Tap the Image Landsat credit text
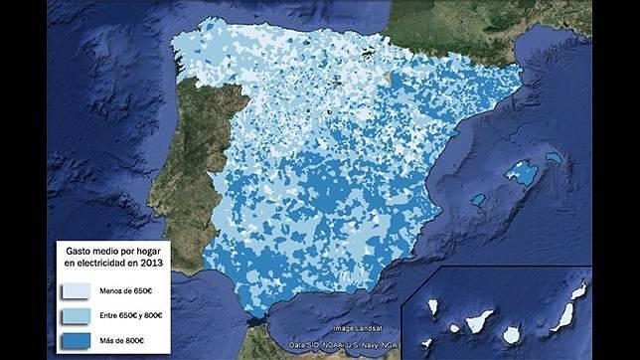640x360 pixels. click(356, 328)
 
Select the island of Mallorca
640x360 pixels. click(523, 174)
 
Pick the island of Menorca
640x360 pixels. click(553, 157)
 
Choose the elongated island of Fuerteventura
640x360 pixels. click(562, 317)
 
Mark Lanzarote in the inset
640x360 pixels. click(579, 289)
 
